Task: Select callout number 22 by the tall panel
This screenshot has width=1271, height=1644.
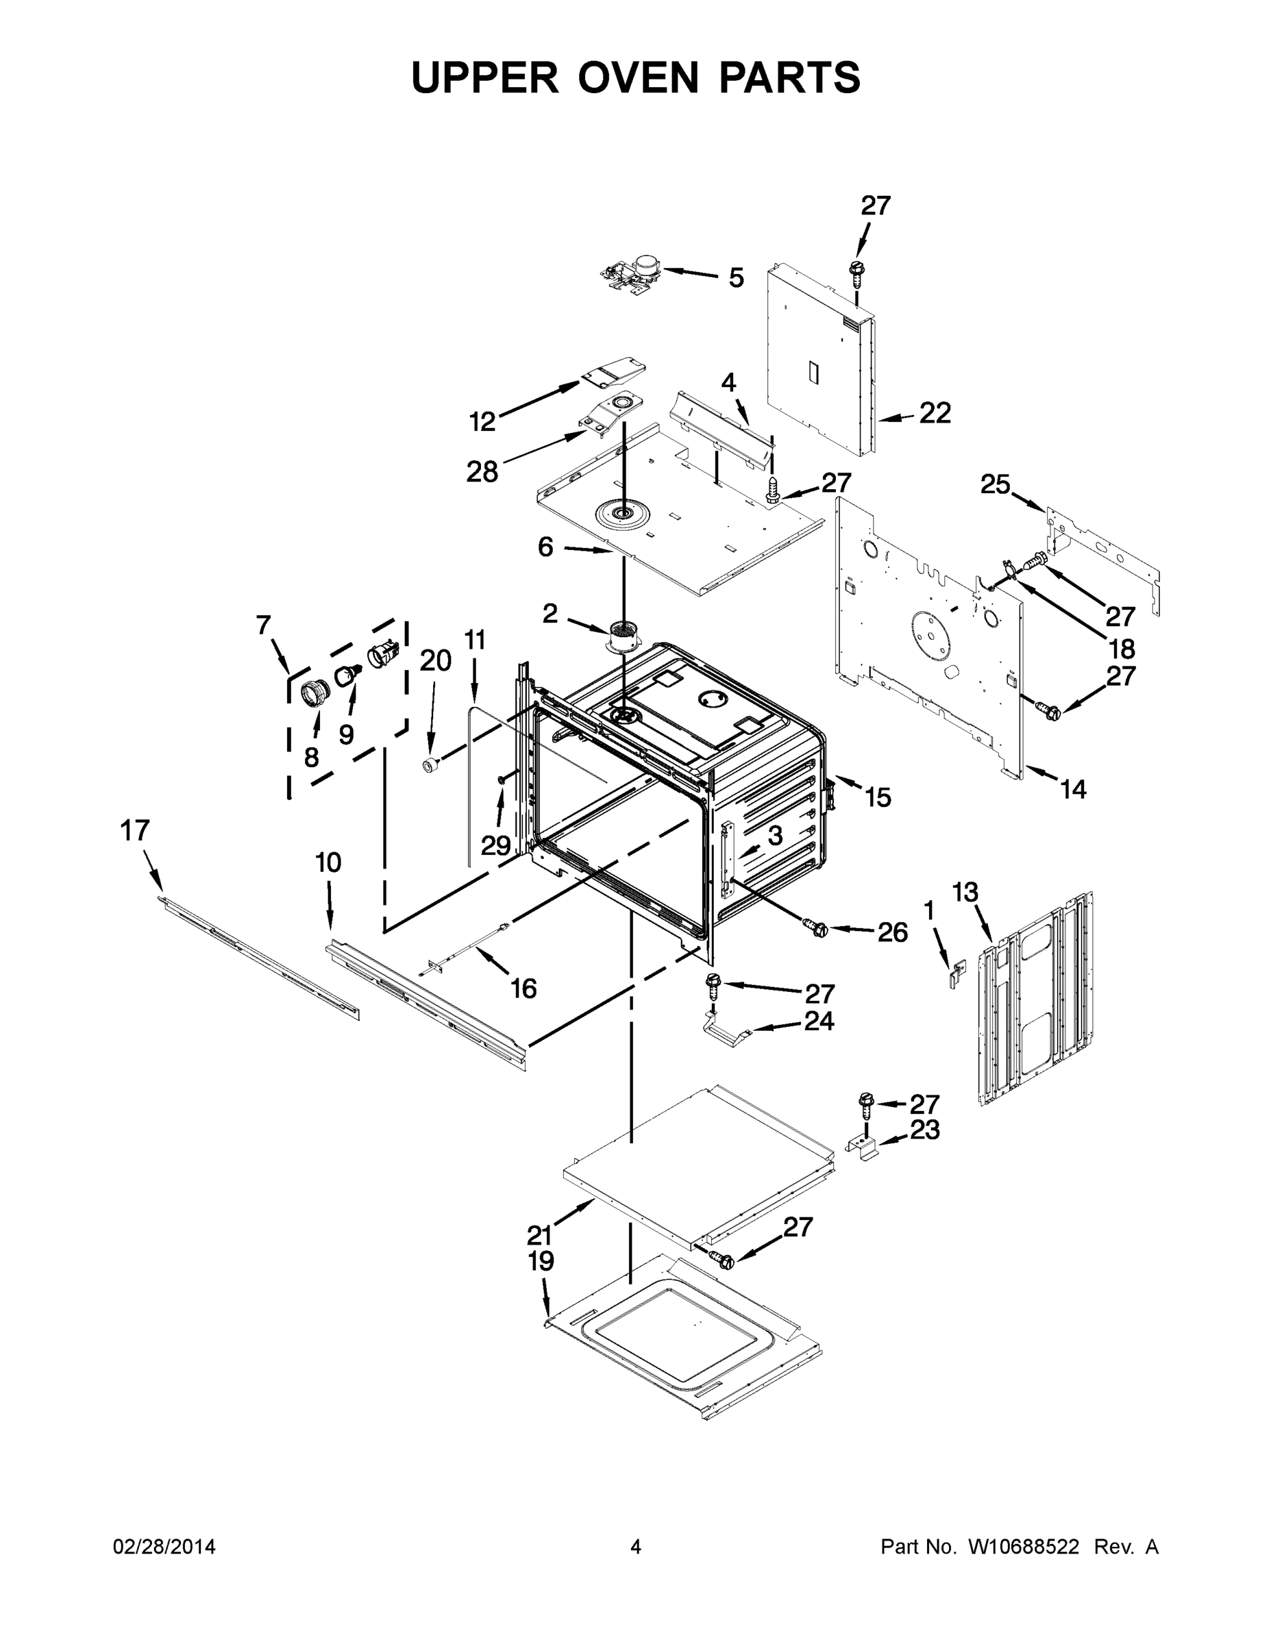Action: (x=935, y=413)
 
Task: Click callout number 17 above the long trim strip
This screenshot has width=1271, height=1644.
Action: (x=135, y=831)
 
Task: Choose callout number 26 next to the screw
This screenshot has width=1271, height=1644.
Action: (x=892, y=933)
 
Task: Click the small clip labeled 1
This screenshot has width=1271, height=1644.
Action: (x=956, y=974)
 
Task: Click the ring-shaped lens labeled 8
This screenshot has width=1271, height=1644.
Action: (x=315, y=690)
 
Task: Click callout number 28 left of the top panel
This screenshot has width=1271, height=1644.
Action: (x=482, y=472)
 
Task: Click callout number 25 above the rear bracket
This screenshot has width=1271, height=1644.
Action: (x=995, y=485)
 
